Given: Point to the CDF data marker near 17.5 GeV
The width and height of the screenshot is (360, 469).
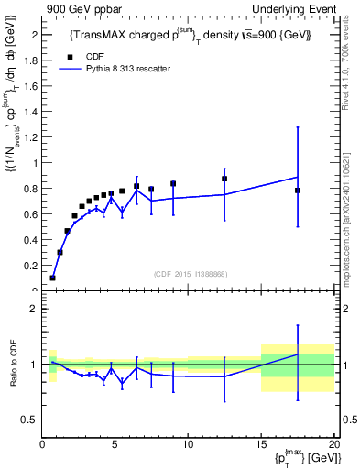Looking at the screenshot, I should [x=298, y=191].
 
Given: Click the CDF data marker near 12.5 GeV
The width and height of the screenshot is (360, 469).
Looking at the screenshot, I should [x=224, y=179].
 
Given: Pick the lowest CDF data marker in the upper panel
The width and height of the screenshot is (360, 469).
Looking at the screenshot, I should [x=52, y=278].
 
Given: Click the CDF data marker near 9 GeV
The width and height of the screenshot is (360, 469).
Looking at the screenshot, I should [x=173, y=183].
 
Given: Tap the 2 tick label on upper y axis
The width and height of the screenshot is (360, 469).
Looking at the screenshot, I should [x=33, y=35].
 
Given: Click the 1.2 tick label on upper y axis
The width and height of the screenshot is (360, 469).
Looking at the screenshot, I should [x=30, y=137].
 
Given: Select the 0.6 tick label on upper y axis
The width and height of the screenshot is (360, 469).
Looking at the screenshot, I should [x=30, y=214].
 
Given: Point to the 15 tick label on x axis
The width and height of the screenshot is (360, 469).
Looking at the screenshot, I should [x=261, y=445].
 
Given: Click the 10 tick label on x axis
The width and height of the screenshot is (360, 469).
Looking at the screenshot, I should [x=188, y=445].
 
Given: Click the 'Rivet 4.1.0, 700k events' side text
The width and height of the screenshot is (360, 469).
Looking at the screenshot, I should [x=351, y=73].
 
